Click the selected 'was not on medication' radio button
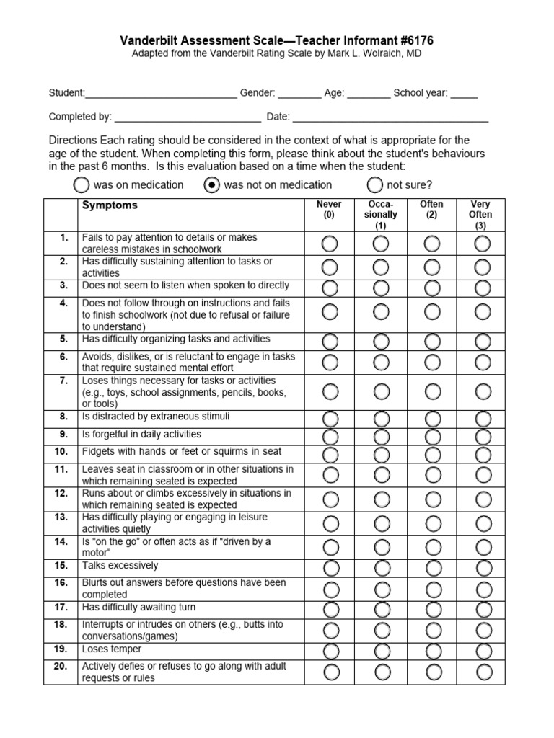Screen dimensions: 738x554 point(211,185)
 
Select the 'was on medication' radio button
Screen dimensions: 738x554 point(82,185)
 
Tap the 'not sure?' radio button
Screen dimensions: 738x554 point(374,185)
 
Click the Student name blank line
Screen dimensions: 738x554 point(161,94)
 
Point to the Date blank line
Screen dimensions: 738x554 point(390,117)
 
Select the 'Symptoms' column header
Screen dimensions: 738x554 point(110,205)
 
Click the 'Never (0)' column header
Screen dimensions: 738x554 point(330,210)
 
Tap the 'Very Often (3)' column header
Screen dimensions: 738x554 point(481,215)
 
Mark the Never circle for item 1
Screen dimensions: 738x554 point(330,244)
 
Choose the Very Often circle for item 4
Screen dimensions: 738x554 point(483,312)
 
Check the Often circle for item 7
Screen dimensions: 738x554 point(432,391)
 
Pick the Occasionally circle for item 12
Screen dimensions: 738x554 point(381,499)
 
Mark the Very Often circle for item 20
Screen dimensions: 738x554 point(483,672)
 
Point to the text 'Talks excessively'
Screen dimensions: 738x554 point(120,566)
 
